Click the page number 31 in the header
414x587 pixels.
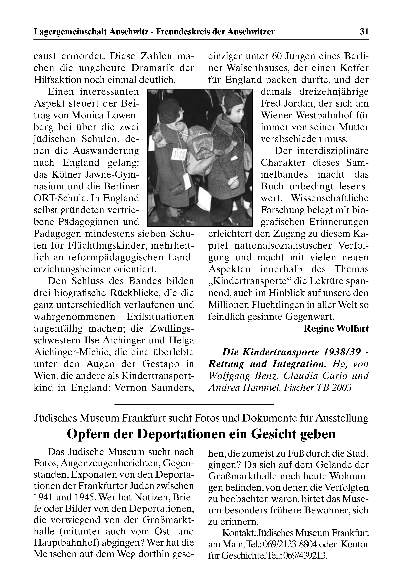pos(364,32)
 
